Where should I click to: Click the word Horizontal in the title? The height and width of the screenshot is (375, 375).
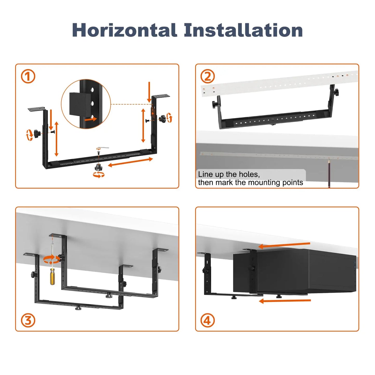(x=125, y=30)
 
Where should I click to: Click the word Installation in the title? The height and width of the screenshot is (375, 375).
(x=243, y=30)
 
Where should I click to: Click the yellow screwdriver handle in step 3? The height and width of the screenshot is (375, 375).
(x=53, y=277)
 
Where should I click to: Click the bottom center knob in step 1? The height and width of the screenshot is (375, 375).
(x=99, y=167)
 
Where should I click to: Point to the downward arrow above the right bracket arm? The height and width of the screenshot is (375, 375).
(x=149, y=92)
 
